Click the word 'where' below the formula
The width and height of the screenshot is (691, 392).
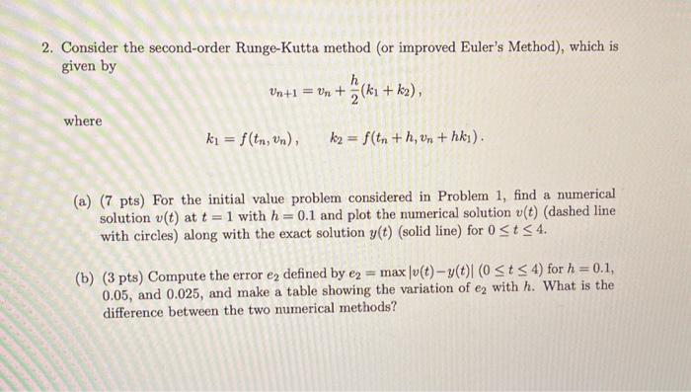83,120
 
